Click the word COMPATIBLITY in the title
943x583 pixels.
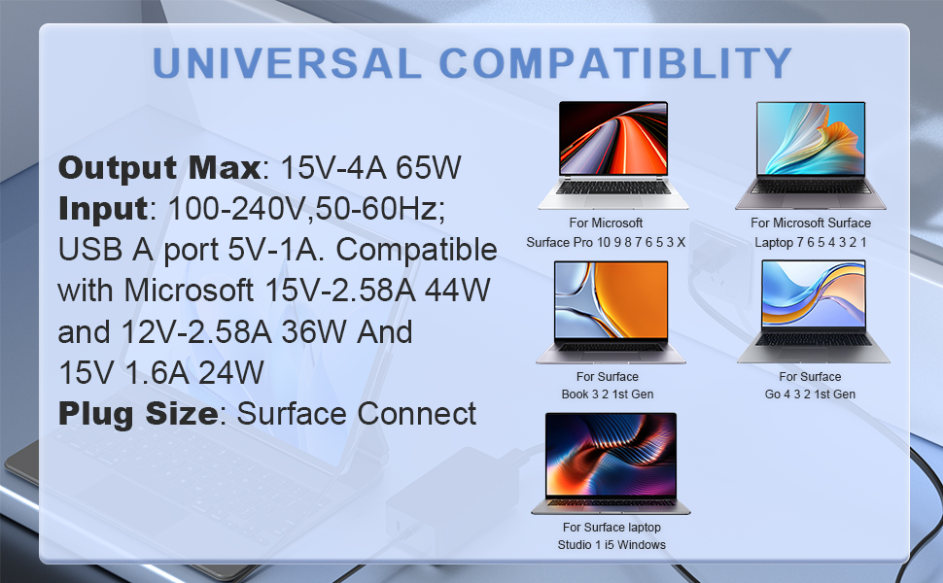(x=615, y=63)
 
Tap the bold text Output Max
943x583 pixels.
(x=159, y=167)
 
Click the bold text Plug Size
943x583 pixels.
(x=137, y=414)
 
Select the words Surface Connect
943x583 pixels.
(x=357, y=414)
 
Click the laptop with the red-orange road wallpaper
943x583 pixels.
(x=613, y=155)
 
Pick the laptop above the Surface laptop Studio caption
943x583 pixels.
(x=611, y=463)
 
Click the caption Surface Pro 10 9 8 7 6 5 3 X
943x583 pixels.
(x=607, y=242)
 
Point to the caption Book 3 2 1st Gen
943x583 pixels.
(x=607, y=394)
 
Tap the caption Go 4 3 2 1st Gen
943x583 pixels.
(x=810, y=394)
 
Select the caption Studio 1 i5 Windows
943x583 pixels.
(x=611, y=545)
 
